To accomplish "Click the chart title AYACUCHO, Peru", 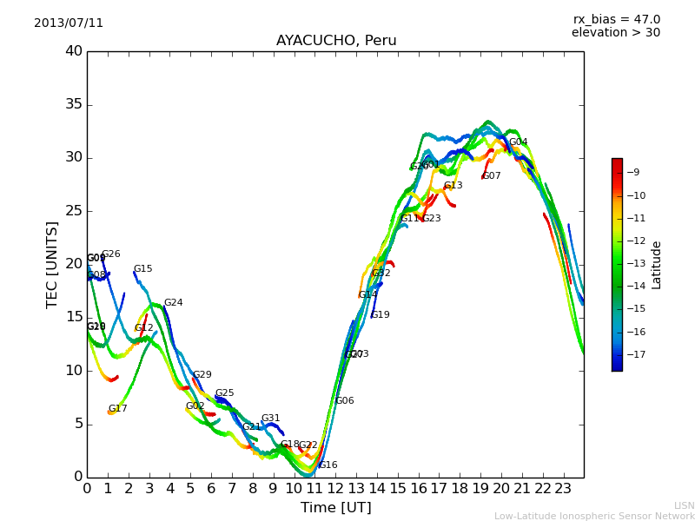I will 336,41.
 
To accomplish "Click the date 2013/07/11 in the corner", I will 69,23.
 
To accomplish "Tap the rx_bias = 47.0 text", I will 616,20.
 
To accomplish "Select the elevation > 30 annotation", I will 615,33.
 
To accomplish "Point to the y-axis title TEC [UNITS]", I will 52,264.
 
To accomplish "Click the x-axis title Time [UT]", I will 335,508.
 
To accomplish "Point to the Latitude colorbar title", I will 657,264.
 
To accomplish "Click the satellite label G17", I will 118,409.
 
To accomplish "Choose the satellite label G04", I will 518,142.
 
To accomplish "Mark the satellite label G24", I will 174,303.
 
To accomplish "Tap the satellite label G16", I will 328,465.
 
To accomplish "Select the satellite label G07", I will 492,176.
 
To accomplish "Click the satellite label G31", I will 271,419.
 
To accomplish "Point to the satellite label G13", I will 453,186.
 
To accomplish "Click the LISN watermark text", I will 684,505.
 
